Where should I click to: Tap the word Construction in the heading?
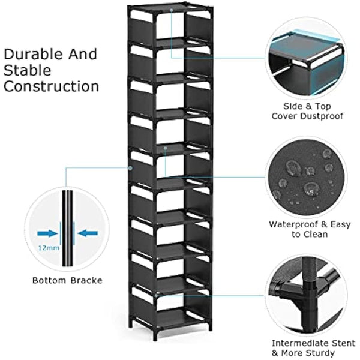click(x=52, y=86)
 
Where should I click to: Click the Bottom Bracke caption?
click(x=67, y=280)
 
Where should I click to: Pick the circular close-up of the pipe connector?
click(x=308, y=293)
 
